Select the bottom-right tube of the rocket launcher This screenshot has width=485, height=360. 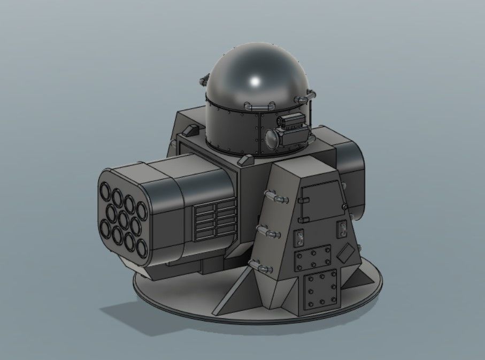pyautogui.click(x=142, y=247)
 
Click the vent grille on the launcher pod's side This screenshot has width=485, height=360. pyautogui.click(x=213, y=219)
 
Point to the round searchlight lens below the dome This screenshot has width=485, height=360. pyautogui.click(x=272, y=137)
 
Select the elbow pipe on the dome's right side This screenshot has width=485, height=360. pyautogui.click(x=305, y=97)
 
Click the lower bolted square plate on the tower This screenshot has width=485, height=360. pyautogui.click(x=320, y=289)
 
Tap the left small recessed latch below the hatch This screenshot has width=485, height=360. pyautogui.click(x=301, y=235)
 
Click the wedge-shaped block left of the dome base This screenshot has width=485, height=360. pyautogui.click(x=189, y=130)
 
